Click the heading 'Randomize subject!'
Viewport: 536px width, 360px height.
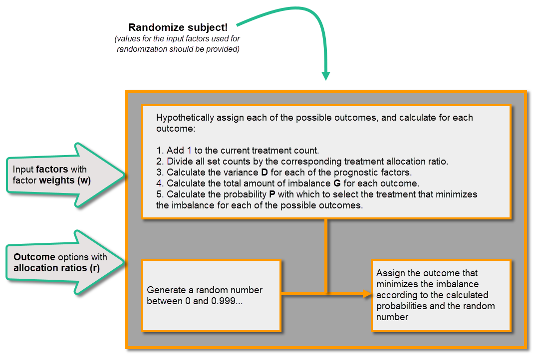pos(178,28)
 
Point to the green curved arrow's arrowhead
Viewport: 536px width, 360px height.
pos(325,76)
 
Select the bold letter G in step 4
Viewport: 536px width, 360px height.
pos(337,183)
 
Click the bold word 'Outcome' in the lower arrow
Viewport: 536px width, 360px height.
pos(34,257)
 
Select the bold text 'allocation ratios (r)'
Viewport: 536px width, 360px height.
pos(56,268)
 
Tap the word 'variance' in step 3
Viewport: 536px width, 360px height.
pos(236,173)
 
